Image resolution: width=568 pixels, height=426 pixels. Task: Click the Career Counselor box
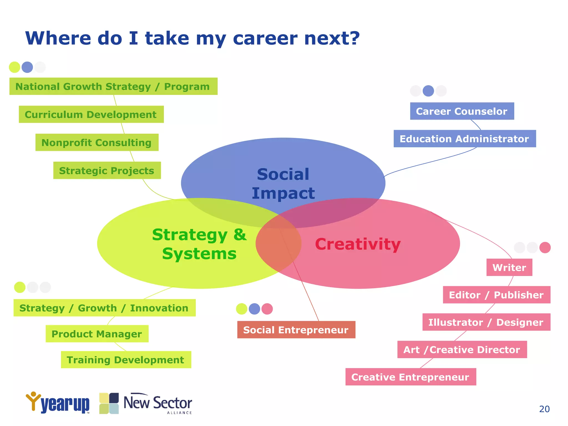point(462,111)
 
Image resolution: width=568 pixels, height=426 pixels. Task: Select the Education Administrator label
point(465,139)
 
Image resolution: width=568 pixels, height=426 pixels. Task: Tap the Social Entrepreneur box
point(296,330)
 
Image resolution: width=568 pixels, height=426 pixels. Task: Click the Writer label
point(509,267)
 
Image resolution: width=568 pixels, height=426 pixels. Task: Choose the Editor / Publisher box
point(496,295)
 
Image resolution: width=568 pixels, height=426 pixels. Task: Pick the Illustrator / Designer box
point(486,322)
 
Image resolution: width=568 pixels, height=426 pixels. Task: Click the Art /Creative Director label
point(462,350)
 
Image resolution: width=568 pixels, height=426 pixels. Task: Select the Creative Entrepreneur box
point(410,377)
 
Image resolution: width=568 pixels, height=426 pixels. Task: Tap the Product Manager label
point(97,334)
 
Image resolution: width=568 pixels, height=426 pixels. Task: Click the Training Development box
point(126,360)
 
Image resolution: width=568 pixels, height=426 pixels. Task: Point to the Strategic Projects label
point(107,171)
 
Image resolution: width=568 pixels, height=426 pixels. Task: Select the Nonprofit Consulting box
point(97,143)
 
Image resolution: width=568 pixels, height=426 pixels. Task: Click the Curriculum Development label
point(91,115)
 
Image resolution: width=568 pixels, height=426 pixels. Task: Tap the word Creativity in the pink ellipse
point(358,244)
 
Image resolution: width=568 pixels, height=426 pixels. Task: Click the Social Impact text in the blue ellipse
point(283,184)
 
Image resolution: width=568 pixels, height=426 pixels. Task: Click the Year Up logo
point(58,403)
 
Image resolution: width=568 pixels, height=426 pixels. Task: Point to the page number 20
point(544,409)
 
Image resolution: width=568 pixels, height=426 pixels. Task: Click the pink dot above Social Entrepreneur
point(267,309)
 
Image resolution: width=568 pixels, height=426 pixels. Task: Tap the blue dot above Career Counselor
point(428,91)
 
